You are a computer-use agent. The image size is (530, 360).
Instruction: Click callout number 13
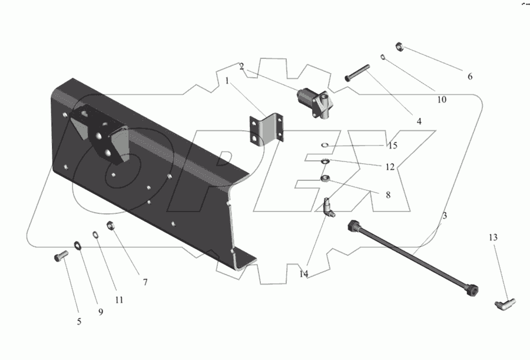pos(493,237)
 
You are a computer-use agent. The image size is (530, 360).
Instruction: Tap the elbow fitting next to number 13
pos(503,304)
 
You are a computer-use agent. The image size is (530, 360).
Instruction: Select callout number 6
pos(470,77)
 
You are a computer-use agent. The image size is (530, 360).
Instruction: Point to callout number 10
pos(442,100)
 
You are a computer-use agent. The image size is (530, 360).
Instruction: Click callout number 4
pos(419,121)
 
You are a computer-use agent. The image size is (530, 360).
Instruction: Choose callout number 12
pos(389,167)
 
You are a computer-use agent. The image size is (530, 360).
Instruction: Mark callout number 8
pos(387,194)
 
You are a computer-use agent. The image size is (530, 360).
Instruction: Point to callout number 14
pos(303,273)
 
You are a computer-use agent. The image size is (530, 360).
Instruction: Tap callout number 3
pos(445,216)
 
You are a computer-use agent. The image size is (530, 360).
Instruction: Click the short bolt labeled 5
pos(58,257)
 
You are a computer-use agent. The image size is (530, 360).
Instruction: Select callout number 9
pos(100,312)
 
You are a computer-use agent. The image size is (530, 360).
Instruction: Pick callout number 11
pos(119,299)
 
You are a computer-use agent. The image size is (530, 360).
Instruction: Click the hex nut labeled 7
pos(110,224)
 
